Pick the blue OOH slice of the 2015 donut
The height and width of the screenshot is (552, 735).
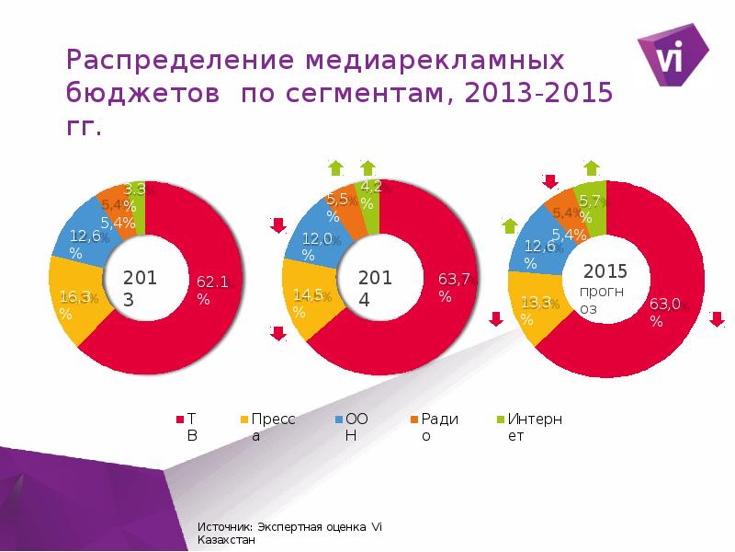click(537, 244)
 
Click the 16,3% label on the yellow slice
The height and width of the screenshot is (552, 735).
click(71, 305)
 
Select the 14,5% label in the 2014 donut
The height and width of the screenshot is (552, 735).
click(306, 304)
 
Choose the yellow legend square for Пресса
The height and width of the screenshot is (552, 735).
click(244, 420)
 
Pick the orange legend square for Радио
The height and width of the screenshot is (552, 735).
click(414, 420)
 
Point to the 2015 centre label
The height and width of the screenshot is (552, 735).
click(605, 271)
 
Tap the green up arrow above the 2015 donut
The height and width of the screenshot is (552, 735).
click(592, 167)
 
